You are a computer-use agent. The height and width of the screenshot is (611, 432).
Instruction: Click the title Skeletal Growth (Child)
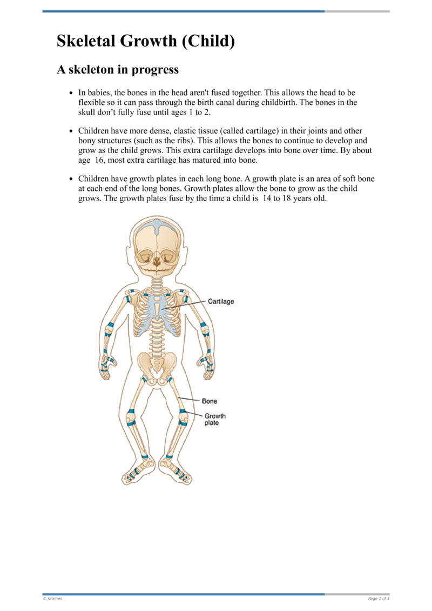click(146, 41)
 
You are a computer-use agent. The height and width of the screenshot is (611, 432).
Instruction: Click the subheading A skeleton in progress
click(117, 70)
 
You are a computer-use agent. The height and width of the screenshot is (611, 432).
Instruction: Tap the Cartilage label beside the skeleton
click(221, 301)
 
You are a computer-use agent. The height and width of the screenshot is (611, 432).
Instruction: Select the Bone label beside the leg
click(210, 401)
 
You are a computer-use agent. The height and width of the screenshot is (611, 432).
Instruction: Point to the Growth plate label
click(214, 420)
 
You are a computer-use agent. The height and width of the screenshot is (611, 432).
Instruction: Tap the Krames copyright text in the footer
click(52, 599)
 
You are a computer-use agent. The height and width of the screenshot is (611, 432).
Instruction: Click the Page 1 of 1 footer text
click(378, 599)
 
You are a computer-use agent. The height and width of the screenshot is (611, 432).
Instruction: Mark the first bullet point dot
click(71, 94)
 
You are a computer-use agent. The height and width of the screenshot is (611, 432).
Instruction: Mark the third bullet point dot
click(71, 179)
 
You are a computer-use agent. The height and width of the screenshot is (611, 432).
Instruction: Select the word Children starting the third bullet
click(94, 178)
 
